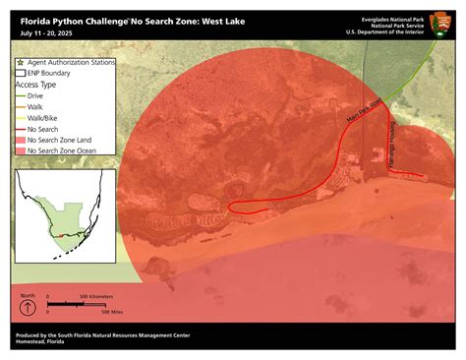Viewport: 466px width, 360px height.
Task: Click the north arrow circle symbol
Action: coord(29,308)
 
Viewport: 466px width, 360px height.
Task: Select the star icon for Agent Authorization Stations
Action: coord(20,62)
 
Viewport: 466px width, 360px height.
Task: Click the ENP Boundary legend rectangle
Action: coord(20,73)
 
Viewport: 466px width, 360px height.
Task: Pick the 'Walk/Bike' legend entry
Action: coord(44,117)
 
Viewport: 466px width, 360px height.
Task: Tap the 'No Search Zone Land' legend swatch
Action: coord(20,140)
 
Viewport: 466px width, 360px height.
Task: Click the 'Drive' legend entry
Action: coord(37,95)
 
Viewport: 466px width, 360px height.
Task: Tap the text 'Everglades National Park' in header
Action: coord(390,18)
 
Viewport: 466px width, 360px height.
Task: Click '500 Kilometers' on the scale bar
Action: coord(97,296)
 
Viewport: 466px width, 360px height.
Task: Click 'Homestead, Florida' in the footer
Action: coord(44,343)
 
